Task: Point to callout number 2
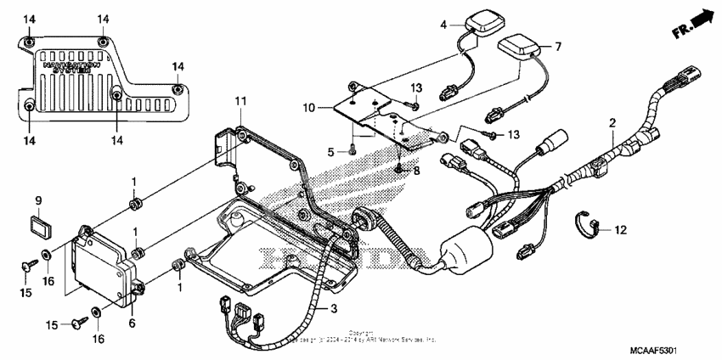coord(611,124)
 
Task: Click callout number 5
coord(332,151)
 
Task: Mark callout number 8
coord(415,171)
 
